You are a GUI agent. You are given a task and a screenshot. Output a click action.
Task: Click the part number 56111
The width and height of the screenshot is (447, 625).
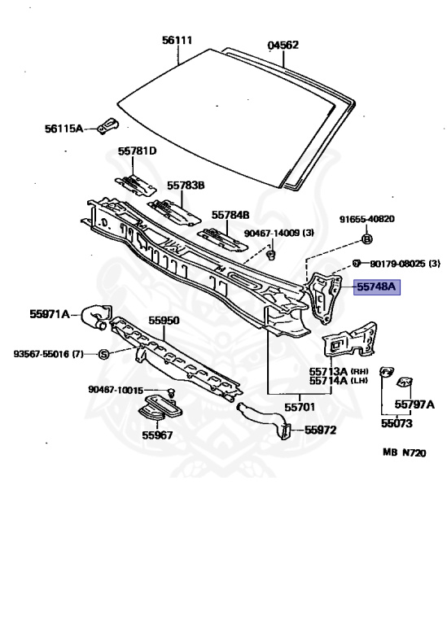click(x=177, y=40)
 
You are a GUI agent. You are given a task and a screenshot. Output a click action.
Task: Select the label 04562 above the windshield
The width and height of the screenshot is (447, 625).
click(x=283, y=45)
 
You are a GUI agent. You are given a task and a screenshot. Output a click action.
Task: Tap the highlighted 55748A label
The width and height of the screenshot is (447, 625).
click(x=377, y=286)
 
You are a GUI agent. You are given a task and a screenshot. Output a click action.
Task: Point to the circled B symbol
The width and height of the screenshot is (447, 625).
click(x=367, y=239)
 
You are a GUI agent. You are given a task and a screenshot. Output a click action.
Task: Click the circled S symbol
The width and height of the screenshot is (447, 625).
click(x=103, y=354)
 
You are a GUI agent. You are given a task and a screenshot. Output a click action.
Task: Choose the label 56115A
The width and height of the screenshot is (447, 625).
click(x=64, y=129)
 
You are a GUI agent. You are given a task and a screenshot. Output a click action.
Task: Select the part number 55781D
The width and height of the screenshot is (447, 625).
click(x=137, y=151)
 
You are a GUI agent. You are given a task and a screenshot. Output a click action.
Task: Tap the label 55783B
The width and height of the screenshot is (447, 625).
click(x=186, y=186)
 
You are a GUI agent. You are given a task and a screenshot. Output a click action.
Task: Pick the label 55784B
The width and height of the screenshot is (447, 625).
click(x=230, y=215)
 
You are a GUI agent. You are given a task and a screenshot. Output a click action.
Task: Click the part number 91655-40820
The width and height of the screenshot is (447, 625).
click(x=367, y=219)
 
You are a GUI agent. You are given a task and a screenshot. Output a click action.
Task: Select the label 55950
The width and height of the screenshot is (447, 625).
click(x=164, y=321)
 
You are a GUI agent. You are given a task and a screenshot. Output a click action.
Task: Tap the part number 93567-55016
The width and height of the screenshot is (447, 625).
click(x=42, y=354)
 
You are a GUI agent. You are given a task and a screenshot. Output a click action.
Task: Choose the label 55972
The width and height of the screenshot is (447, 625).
click(x=320, y=430)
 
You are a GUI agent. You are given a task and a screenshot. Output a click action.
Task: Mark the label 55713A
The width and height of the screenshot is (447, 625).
click(x=329, y=371)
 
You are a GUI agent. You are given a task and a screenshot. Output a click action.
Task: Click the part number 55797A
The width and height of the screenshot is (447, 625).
click(x=414, y=404)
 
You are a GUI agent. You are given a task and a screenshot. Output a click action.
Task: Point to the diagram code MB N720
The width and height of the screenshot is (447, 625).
click(x=405, y=452)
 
